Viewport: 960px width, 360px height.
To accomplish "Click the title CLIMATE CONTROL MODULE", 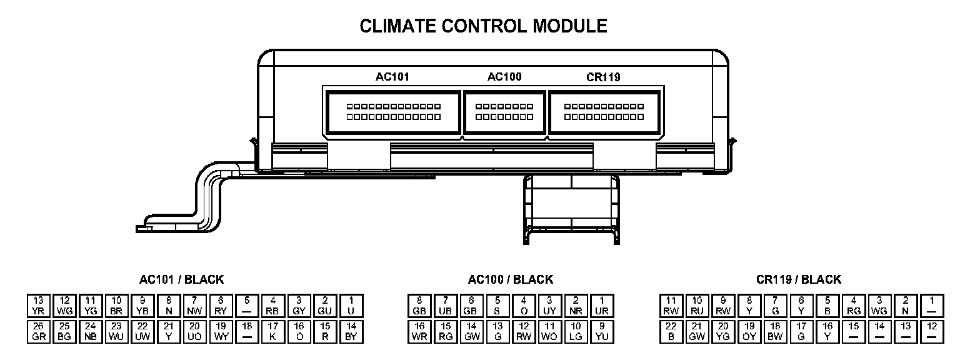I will (483, 26).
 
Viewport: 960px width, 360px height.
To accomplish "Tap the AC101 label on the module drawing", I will (392, 77).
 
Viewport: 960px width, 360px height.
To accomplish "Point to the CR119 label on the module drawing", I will (603, 77).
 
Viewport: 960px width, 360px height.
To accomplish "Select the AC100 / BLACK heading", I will (510, 279).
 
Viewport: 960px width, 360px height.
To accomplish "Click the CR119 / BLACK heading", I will (799, 279).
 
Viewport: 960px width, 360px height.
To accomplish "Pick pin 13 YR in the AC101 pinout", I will (38, 306).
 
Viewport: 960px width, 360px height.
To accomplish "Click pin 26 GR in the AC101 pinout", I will (38, 331).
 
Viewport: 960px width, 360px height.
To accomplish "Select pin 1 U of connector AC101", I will (351, 306).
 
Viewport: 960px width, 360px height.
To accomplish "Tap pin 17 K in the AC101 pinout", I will (273, 331).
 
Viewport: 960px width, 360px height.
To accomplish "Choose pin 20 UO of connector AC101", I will (194, 331).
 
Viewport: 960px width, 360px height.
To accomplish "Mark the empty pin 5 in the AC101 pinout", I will (247, 306).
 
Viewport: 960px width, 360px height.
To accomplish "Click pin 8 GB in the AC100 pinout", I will (419, 306).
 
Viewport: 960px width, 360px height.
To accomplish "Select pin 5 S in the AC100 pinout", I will (497, 306).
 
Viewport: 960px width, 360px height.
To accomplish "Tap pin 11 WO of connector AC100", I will (550, 331).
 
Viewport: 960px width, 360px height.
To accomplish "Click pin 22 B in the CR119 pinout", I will (671, 331).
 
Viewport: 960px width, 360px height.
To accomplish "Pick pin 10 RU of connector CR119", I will (697, 306).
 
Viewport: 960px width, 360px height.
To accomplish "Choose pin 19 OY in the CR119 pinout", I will (749, 331).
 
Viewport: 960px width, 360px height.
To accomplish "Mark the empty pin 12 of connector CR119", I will (932, 331).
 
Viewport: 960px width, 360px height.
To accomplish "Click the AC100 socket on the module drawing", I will (504, 112).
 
